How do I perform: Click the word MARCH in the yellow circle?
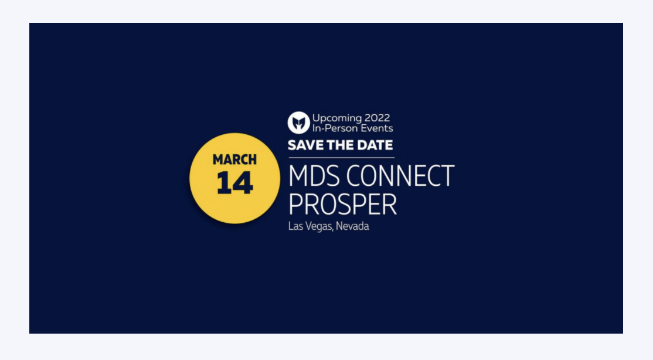[234, 159]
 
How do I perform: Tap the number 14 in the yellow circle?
[234, 183]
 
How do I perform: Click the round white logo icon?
[298, 123]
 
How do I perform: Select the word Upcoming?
[337, 118]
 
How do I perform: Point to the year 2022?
[377, 118]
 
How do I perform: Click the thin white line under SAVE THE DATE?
[342, 158]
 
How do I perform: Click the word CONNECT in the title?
[400, 176]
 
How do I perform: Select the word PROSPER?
[342, 204]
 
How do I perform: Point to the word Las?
[295, 226]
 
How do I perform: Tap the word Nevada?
[352, 226]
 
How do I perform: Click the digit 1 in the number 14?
[224, 183]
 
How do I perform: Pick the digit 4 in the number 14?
[243, 183]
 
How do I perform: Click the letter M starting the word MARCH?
[218, 159]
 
